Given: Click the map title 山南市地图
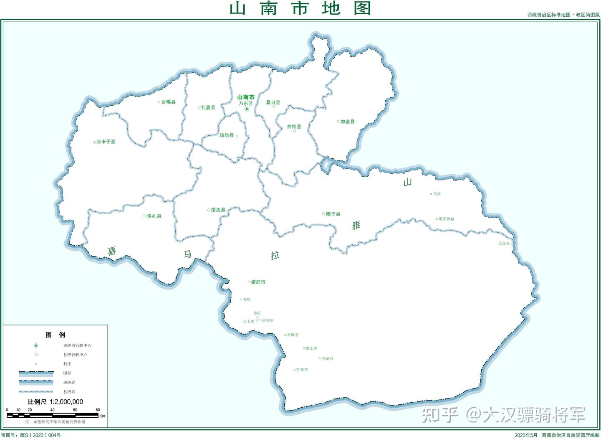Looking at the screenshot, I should pyautogui.click(x=300, y=9).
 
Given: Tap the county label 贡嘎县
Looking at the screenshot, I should pyautogui.click(x=168, y=102).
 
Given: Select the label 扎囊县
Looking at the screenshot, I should pyautogui.click(x=208, y=108).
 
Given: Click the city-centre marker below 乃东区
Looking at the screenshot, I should pyautogui.click(x=246, y=109).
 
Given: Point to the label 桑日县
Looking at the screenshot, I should pyautogui.click(x=273, y=102).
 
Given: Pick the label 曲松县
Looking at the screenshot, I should pyautogui.click(x=294, y=127).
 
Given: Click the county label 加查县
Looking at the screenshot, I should pyautogui.click(x=347, y=122).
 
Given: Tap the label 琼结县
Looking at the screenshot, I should pyautogui.click(x=227, y=136).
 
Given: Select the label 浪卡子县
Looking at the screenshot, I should pyautogui.click(x=106, y=142).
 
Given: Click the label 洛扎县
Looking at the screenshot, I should pyautogui.click(x=154, y=216).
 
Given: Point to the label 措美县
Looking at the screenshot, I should pyautogui.click(x=218, y=210).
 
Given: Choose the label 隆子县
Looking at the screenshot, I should pyautogui.click(x=333, y=214).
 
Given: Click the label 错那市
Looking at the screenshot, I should pyautogui.click(x=258, y=282).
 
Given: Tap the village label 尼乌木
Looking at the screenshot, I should pyautogui.click(x=504, y=243).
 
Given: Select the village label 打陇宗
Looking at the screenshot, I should pyautogui.click(x=302, y=370).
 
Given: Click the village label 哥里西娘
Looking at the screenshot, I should pyautogui.click(x=446, y=219).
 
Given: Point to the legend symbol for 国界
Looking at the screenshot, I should pyautogui.click(x=36, y=373).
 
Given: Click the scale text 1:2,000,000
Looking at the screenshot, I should pyautogui.click(x=66, y=402).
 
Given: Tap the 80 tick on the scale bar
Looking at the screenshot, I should pyautogui.click(x=98, y=410).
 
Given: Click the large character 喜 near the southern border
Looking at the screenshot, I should pyautogui.click(x=112, y=251).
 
